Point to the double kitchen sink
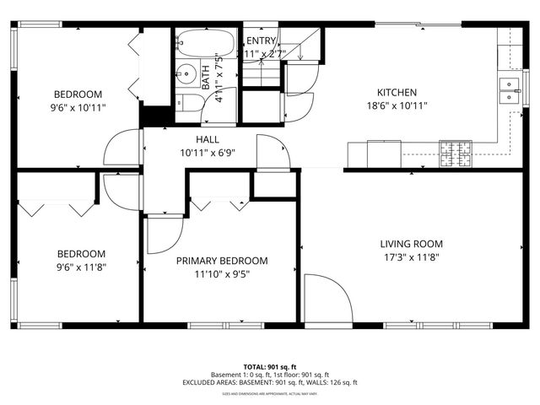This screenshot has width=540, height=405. click(509, 90)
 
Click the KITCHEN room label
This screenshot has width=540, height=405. click(397, 93)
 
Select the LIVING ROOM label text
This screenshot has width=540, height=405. click(412, 244)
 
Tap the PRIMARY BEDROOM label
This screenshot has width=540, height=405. click(222, 261)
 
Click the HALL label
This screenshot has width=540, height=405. click(208, 140)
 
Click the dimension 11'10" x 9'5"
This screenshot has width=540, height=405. click(222, 273)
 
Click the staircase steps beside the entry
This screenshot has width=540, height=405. click(300, 44)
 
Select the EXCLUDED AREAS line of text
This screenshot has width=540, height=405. click(270, 382)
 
